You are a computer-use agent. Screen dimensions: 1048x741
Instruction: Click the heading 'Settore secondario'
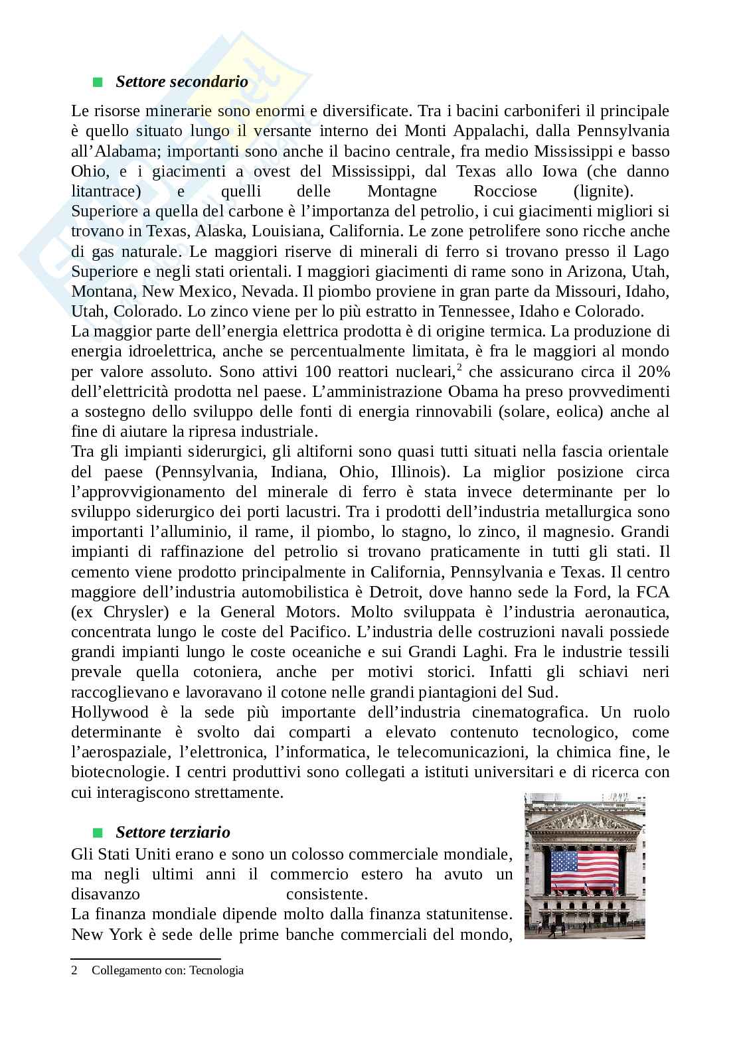click(182, 82)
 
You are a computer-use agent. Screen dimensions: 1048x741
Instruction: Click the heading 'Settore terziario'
click(173, 832)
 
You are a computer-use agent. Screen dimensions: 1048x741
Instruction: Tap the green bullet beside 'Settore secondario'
click(98, 82)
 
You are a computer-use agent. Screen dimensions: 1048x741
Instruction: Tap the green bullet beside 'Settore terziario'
click(98, 832)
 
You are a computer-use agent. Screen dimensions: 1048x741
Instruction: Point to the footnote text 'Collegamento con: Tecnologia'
click(167, 970)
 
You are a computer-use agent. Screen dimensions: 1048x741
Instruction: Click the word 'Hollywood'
click(110, 712)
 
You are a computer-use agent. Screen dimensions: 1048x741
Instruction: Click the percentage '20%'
click(654, 371)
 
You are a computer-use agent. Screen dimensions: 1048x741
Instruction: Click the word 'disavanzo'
click(106, 894)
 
